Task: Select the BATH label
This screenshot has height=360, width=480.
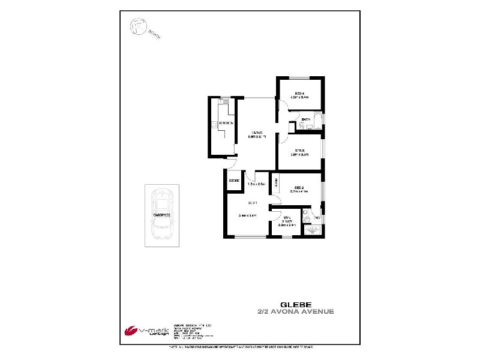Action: [305, 119]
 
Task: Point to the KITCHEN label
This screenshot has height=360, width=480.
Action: [226, 124]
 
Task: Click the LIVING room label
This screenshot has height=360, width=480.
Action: [258, 132]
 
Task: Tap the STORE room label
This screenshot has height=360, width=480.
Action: [234, 181]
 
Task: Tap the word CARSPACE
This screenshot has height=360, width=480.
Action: [161, 214]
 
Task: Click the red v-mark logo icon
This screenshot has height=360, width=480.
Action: [130, 331]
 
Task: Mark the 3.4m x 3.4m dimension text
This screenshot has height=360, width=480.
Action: [247, 215]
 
